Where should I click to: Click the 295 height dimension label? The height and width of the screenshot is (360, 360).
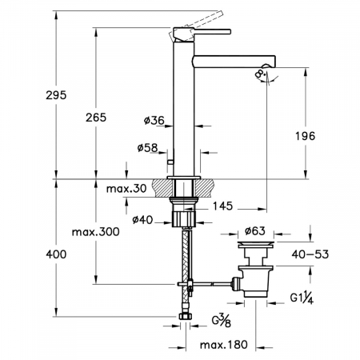tap(56, 95)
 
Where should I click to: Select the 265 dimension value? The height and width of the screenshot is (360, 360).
tap(96, 118)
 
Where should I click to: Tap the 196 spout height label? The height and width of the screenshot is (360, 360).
tap(305, 136)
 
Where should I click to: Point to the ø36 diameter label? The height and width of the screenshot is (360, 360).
tap(154, 121)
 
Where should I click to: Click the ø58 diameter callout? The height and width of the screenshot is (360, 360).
tap(148, 147)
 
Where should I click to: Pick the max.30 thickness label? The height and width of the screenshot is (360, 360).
tap(126, 189)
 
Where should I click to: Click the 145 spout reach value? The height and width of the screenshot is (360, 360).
tap(222, 206)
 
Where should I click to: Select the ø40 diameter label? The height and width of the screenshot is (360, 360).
tap(142, 220)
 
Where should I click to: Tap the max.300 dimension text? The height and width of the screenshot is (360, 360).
tap(95, 232)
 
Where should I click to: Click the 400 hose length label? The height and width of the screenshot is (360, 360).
tap(56, 254)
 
